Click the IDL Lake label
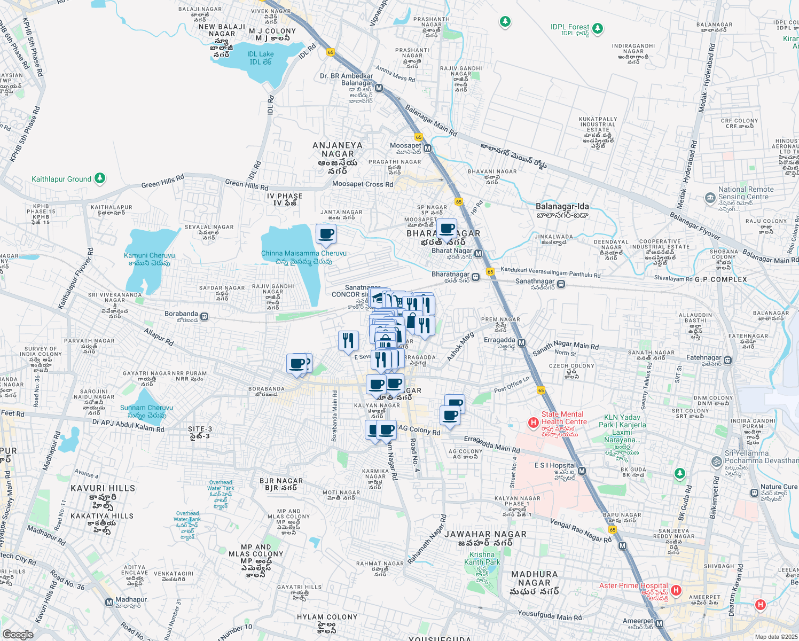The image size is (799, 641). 260,58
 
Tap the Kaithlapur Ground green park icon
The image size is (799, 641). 100,178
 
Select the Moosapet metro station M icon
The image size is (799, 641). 427,148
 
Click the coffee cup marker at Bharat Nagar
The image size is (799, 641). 447,229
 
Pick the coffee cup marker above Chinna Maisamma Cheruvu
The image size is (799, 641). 326,233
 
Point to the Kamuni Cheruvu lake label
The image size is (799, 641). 149,259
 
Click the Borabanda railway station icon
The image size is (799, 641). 205,317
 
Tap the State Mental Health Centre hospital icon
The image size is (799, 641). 533,423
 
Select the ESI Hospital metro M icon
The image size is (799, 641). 582,471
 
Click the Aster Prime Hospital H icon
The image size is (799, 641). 676,590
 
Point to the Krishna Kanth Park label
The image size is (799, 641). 482,558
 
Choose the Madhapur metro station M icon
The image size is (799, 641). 109,603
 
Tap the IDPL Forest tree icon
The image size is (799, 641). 598,28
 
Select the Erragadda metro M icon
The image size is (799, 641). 522,343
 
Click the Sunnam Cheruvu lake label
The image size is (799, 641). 146,411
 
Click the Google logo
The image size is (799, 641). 18,635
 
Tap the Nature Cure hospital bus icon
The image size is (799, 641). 754,493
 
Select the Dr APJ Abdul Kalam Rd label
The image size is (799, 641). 128,425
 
